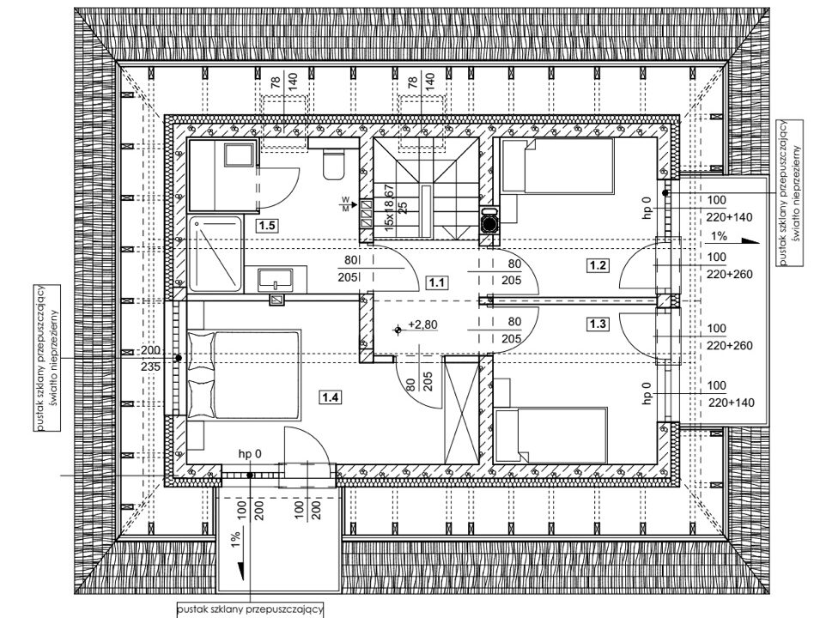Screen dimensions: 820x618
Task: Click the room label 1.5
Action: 267,226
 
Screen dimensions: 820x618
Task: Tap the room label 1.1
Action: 437,283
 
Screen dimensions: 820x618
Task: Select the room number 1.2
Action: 598,265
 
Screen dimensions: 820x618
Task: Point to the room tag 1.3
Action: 598,324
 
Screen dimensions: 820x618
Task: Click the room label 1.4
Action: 331,398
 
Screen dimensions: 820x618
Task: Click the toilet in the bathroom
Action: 333,164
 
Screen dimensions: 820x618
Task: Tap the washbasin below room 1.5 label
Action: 275,279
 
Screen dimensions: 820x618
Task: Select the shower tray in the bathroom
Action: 215,254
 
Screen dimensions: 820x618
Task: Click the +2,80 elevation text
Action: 422,324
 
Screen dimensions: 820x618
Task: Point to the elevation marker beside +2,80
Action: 398,330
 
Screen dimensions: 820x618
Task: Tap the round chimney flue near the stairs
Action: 489,222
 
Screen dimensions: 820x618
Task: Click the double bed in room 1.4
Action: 244,374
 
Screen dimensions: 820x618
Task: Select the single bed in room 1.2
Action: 557,165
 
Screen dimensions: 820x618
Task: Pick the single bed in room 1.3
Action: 551,435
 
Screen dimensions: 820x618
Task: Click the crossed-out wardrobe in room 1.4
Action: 461,410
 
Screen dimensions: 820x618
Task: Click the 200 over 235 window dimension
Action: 150,359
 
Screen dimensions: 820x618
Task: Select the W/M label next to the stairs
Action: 346,204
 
